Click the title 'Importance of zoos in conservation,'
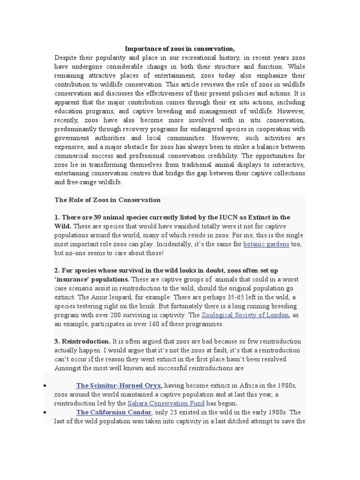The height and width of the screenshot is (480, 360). pos(180,49)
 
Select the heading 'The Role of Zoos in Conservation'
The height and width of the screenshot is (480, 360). pos(107,200)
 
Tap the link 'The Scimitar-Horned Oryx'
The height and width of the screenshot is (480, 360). pos(119,385)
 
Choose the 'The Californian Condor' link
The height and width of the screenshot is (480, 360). pos(113,412)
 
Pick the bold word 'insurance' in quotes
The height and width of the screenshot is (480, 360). pos(76,279)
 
